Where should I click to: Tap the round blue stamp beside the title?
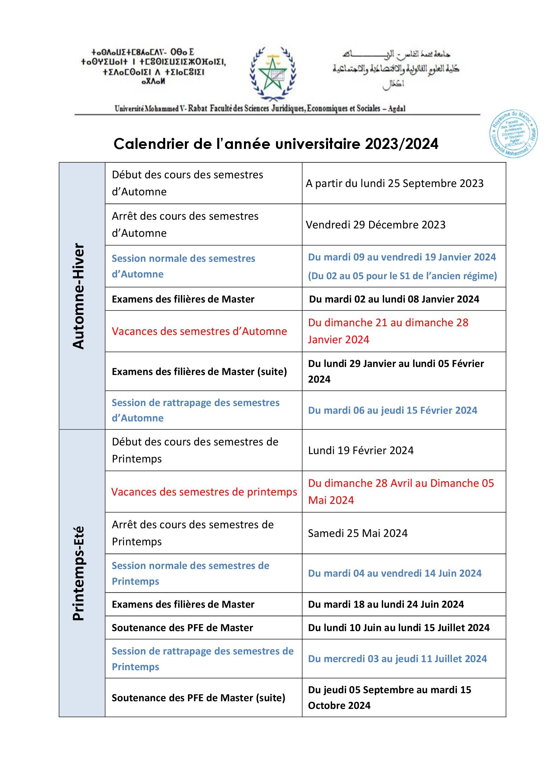(x=513, y=134)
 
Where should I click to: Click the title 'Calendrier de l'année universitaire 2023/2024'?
(x=276, y=144)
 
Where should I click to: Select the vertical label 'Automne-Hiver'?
(x=78, y=296)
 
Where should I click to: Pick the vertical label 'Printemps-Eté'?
(x=78, y=573)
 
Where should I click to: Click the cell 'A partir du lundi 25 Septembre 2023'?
(x=394, y=183)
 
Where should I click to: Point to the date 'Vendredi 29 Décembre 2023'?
(x=375, y=224)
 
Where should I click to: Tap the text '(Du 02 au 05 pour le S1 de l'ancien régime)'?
(x=402, y=275)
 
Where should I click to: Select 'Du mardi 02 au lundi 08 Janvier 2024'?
(x=394, y=299)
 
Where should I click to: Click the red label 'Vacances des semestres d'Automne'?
(x=199, y=331)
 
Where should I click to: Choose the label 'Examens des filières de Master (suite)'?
(x=199, y=371)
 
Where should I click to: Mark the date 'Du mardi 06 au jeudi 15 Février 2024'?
(x=392, y=410)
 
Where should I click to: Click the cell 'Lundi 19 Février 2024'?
(x=361, y=450)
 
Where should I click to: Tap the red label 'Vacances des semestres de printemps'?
(x=204, y=492)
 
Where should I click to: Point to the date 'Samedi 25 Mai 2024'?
(x=357, y=533)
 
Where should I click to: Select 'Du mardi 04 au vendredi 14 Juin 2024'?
(x=394, y=573)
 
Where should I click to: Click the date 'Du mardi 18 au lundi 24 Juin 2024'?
(x=386, y=604)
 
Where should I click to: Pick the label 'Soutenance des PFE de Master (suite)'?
(x=199, y=698)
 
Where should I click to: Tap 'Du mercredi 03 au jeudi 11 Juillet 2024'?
(x=397, y=658)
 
